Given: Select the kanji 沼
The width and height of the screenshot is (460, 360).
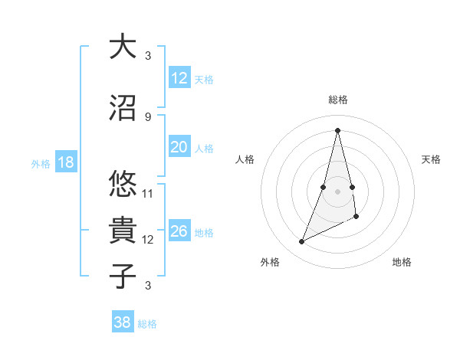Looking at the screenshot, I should click(x=123, y=108).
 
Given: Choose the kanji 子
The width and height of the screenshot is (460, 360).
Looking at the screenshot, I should click(x=123, y=276).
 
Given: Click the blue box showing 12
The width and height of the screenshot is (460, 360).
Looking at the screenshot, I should click(x=179, y=77).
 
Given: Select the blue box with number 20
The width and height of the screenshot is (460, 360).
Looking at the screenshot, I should click(x=179, y=147).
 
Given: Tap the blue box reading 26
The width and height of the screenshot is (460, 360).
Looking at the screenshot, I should click(x=179, y=231).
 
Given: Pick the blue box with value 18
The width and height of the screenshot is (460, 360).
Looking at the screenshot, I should click(x=65, y=162).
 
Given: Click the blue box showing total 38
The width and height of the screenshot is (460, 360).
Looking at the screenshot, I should click(x=123, y=322).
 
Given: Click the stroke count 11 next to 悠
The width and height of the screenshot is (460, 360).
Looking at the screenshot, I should click(x=148, y=194).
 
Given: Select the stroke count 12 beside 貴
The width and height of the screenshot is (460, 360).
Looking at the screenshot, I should click(x=148, y=240).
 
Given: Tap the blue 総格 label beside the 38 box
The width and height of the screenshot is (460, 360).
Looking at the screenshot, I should click(x=147, y=324).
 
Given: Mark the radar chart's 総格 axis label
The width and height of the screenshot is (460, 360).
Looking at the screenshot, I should click(x=338, y=100).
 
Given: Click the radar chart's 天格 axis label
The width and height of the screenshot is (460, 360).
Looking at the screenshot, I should click(x=432, y=159).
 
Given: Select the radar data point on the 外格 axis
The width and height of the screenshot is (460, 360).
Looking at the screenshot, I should click(x=302, y=242).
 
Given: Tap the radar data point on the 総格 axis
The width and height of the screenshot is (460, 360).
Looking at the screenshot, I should click(x=338, y=130).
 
